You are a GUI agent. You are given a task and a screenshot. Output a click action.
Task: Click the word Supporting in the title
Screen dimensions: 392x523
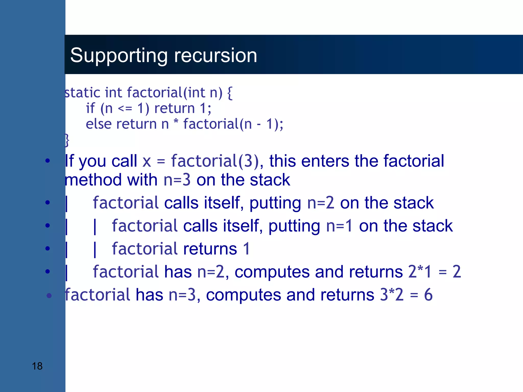pyautogui.click(x=119, y=56)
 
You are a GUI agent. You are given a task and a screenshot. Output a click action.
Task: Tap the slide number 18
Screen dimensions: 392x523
pyautogui.click(x=37, y=366)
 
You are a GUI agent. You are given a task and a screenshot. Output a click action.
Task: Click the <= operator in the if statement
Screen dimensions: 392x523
pyautogui.click(x=125, y=109)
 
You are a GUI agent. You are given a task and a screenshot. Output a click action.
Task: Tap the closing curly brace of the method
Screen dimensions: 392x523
pyautogui.click(x=67, y=140)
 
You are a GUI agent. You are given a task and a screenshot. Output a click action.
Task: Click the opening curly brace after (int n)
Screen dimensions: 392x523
pyautogui.click(x=230, y=93)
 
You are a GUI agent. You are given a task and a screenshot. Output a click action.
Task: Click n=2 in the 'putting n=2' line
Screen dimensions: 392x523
pyautogui.click(x=320, y=203)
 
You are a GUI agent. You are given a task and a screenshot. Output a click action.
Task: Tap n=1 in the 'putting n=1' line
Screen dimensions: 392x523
pyautogui.click(x=339, y=226)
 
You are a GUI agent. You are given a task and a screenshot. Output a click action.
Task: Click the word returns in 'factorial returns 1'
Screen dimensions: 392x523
pyautogui.click(x=210, y=249)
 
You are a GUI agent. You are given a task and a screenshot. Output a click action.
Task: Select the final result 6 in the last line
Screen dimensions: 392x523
pyautogui.click(x=428, y=295)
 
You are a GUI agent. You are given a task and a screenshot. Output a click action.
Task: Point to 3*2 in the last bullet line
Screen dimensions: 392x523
pyautogui.click(x=391, y=295)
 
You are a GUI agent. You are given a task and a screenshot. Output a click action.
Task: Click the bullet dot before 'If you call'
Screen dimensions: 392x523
pyautogui.click(x=47, y=161)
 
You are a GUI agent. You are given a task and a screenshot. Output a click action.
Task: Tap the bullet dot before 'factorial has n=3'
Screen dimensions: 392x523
pyautogui.click(x=49, y=296)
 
